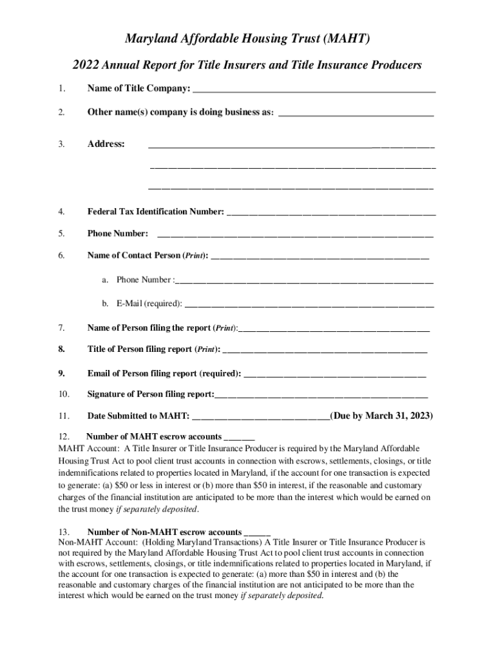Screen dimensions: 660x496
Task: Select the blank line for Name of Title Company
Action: coord(314,89)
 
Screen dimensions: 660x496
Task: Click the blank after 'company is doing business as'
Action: coord(356,113)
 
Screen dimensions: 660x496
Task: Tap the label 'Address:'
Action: coord(106,144)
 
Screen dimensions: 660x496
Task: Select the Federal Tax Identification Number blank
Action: coord(331,212)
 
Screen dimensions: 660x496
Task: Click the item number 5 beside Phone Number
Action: coord(61,233)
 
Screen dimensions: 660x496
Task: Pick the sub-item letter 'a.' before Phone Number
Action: coord(104,280)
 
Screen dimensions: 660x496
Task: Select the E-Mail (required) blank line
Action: coord(309,304)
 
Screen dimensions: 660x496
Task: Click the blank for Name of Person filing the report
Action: coord(334,328)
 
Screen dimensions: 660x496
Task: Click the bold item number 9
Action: coord(61,373)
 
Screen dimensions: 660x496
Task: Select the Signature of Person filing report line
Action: coord(321,394)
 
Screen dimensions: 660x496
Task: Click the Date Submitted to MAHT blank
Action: coord(261,416)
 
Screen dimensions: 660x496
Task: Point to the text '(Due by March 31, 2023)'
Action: coord(381,416)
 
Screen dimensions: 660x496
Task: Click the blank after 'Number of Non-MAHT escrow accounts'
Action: coord(257,533)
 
